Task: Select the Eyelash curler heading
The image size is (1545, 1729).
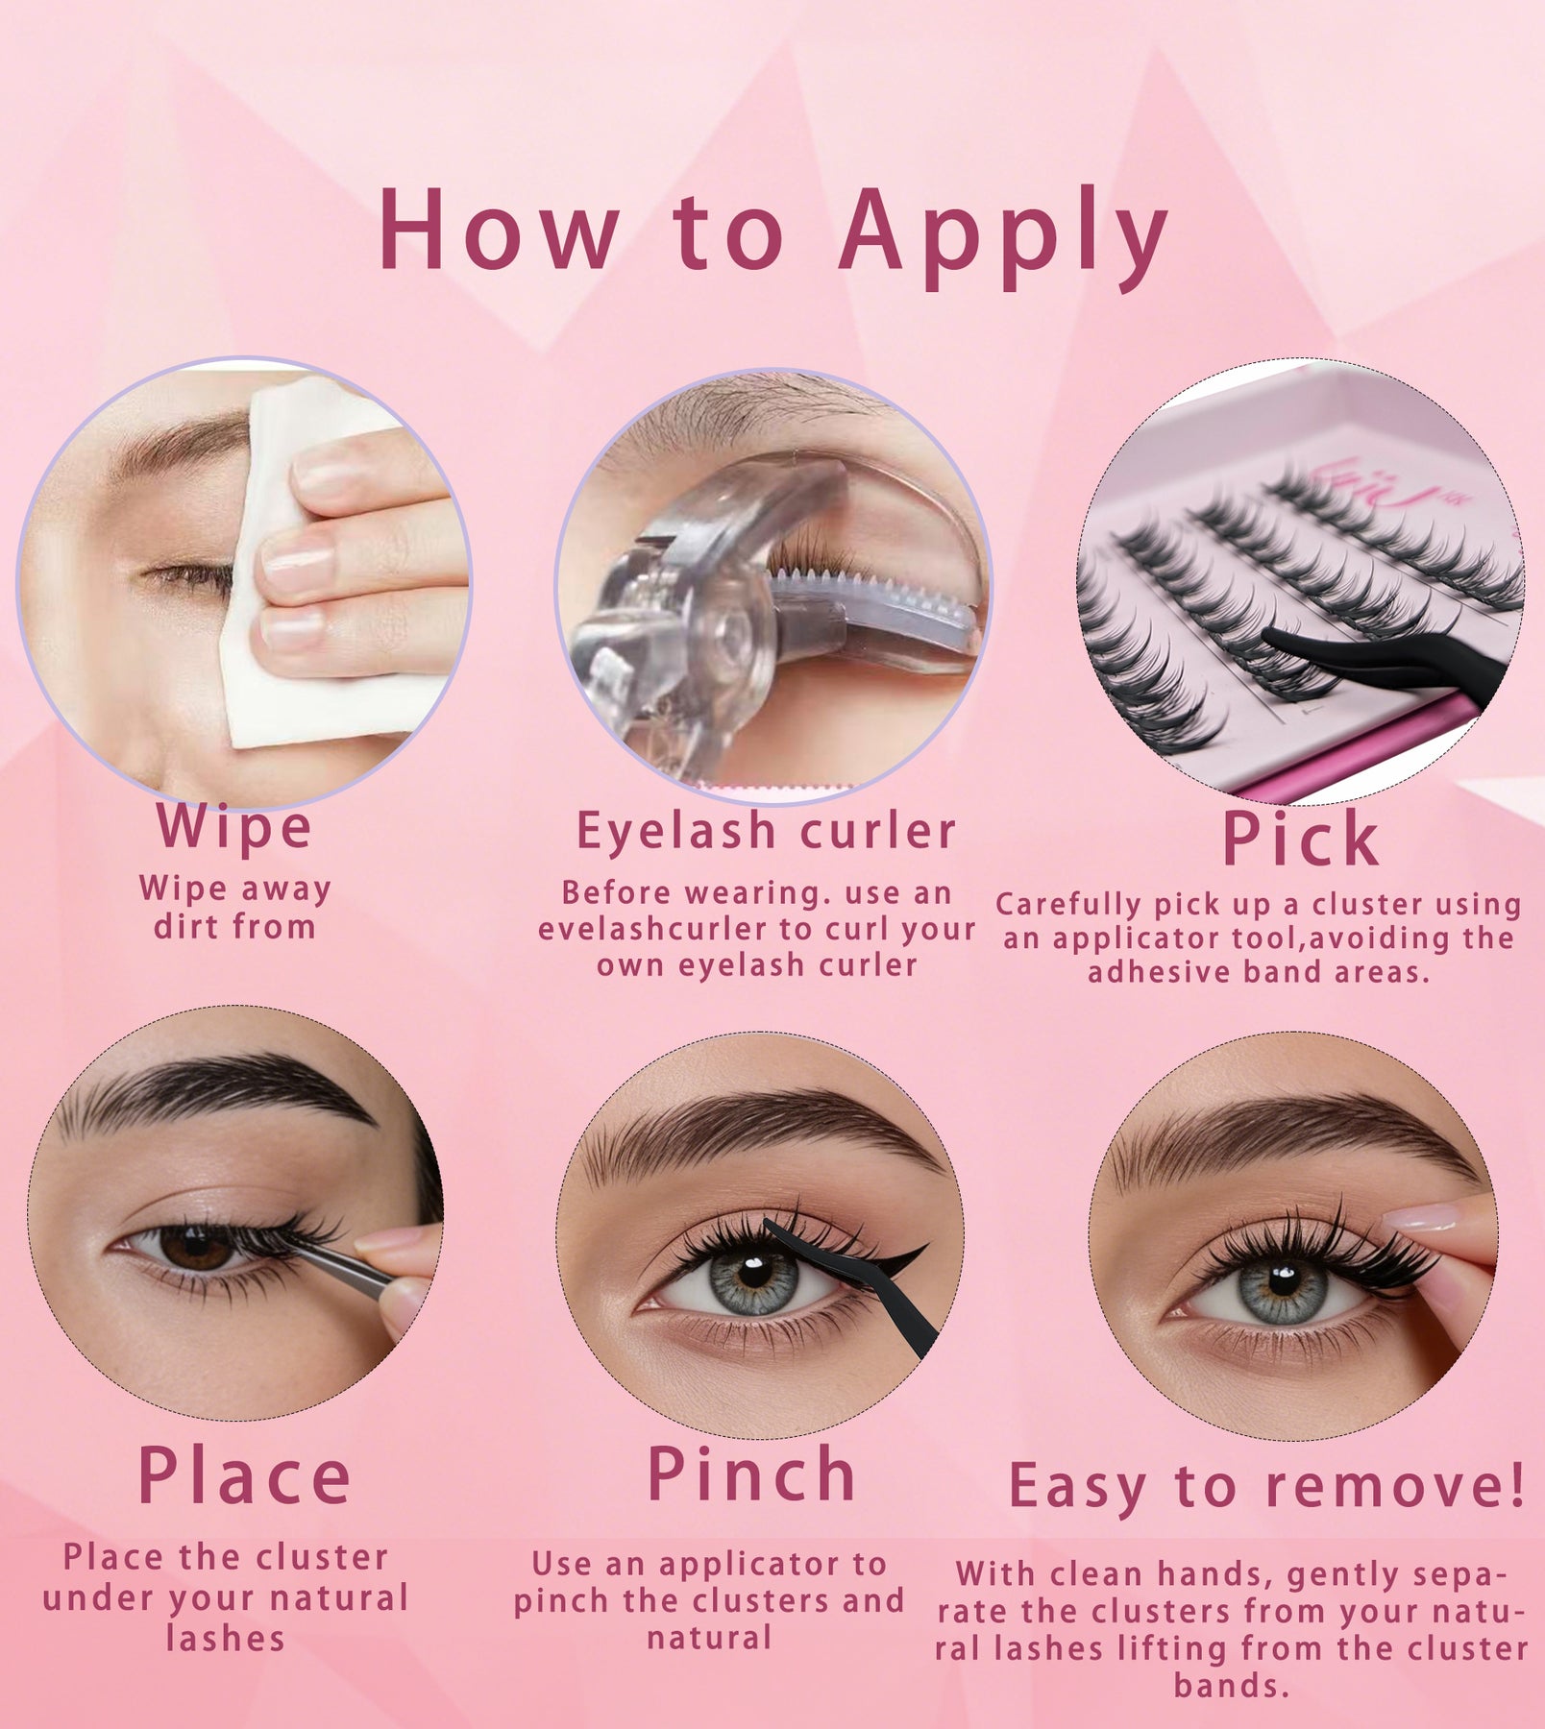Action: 766,831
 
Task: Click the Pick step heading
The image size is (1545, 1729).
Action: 1302,840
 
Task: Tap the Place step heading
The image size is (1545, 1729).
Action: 245,1477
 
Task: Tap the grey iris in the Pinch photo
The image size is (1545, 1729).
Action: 755,1278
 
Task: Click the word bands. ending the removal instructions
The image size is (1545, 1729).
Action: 1231,1686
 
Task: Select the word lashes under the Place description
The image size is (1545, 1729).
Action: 225,1639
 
